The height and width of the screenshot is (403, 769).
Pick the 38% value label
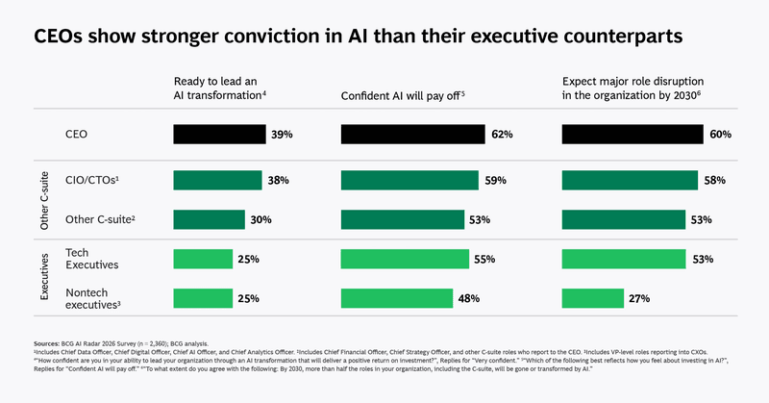[x=279, y=180]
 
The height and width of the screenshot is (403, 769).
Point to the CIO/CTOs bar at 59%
[x=410, y=180]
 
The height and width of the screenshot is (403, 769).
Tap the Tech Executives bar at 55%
[x=406, y=258]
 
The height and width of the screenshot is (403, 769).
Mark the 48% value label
[x=469, y=298]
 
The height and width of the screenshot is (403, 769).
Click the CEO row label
[x=76, y=135]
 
